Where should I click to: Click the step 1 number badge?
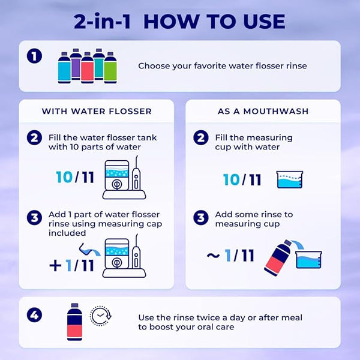[34, 56]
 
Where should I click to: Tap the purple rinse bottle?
[76, 64]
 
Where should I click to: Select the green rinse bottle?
[110, 67]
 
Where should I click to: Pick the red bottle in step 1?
[87, 67]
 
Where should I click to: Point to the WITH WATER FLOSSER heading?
[97, 112]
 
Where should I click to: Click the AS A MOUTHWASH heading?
[263, 112]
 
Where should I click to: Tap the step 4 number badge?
[34, 314]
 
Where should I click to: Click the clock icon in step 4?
[101, 316]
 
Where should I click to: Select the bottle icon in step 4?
[74, 322]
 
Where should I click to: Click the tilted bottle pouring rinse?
[278, 257]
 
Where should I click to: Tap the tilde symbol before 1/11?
[213, 256]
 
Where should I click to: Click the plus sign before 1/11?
[55, 266]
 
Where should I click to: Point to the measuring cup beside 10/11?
[290, 179]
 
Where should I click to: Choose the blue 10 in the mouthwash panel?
[232, 180]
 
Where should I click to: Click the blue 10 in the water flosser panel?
[65, 178]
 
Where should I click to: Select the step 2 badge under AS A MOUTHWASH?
[201, 138]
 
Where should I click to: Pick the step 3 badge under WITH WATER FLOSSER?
[34, 218]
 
